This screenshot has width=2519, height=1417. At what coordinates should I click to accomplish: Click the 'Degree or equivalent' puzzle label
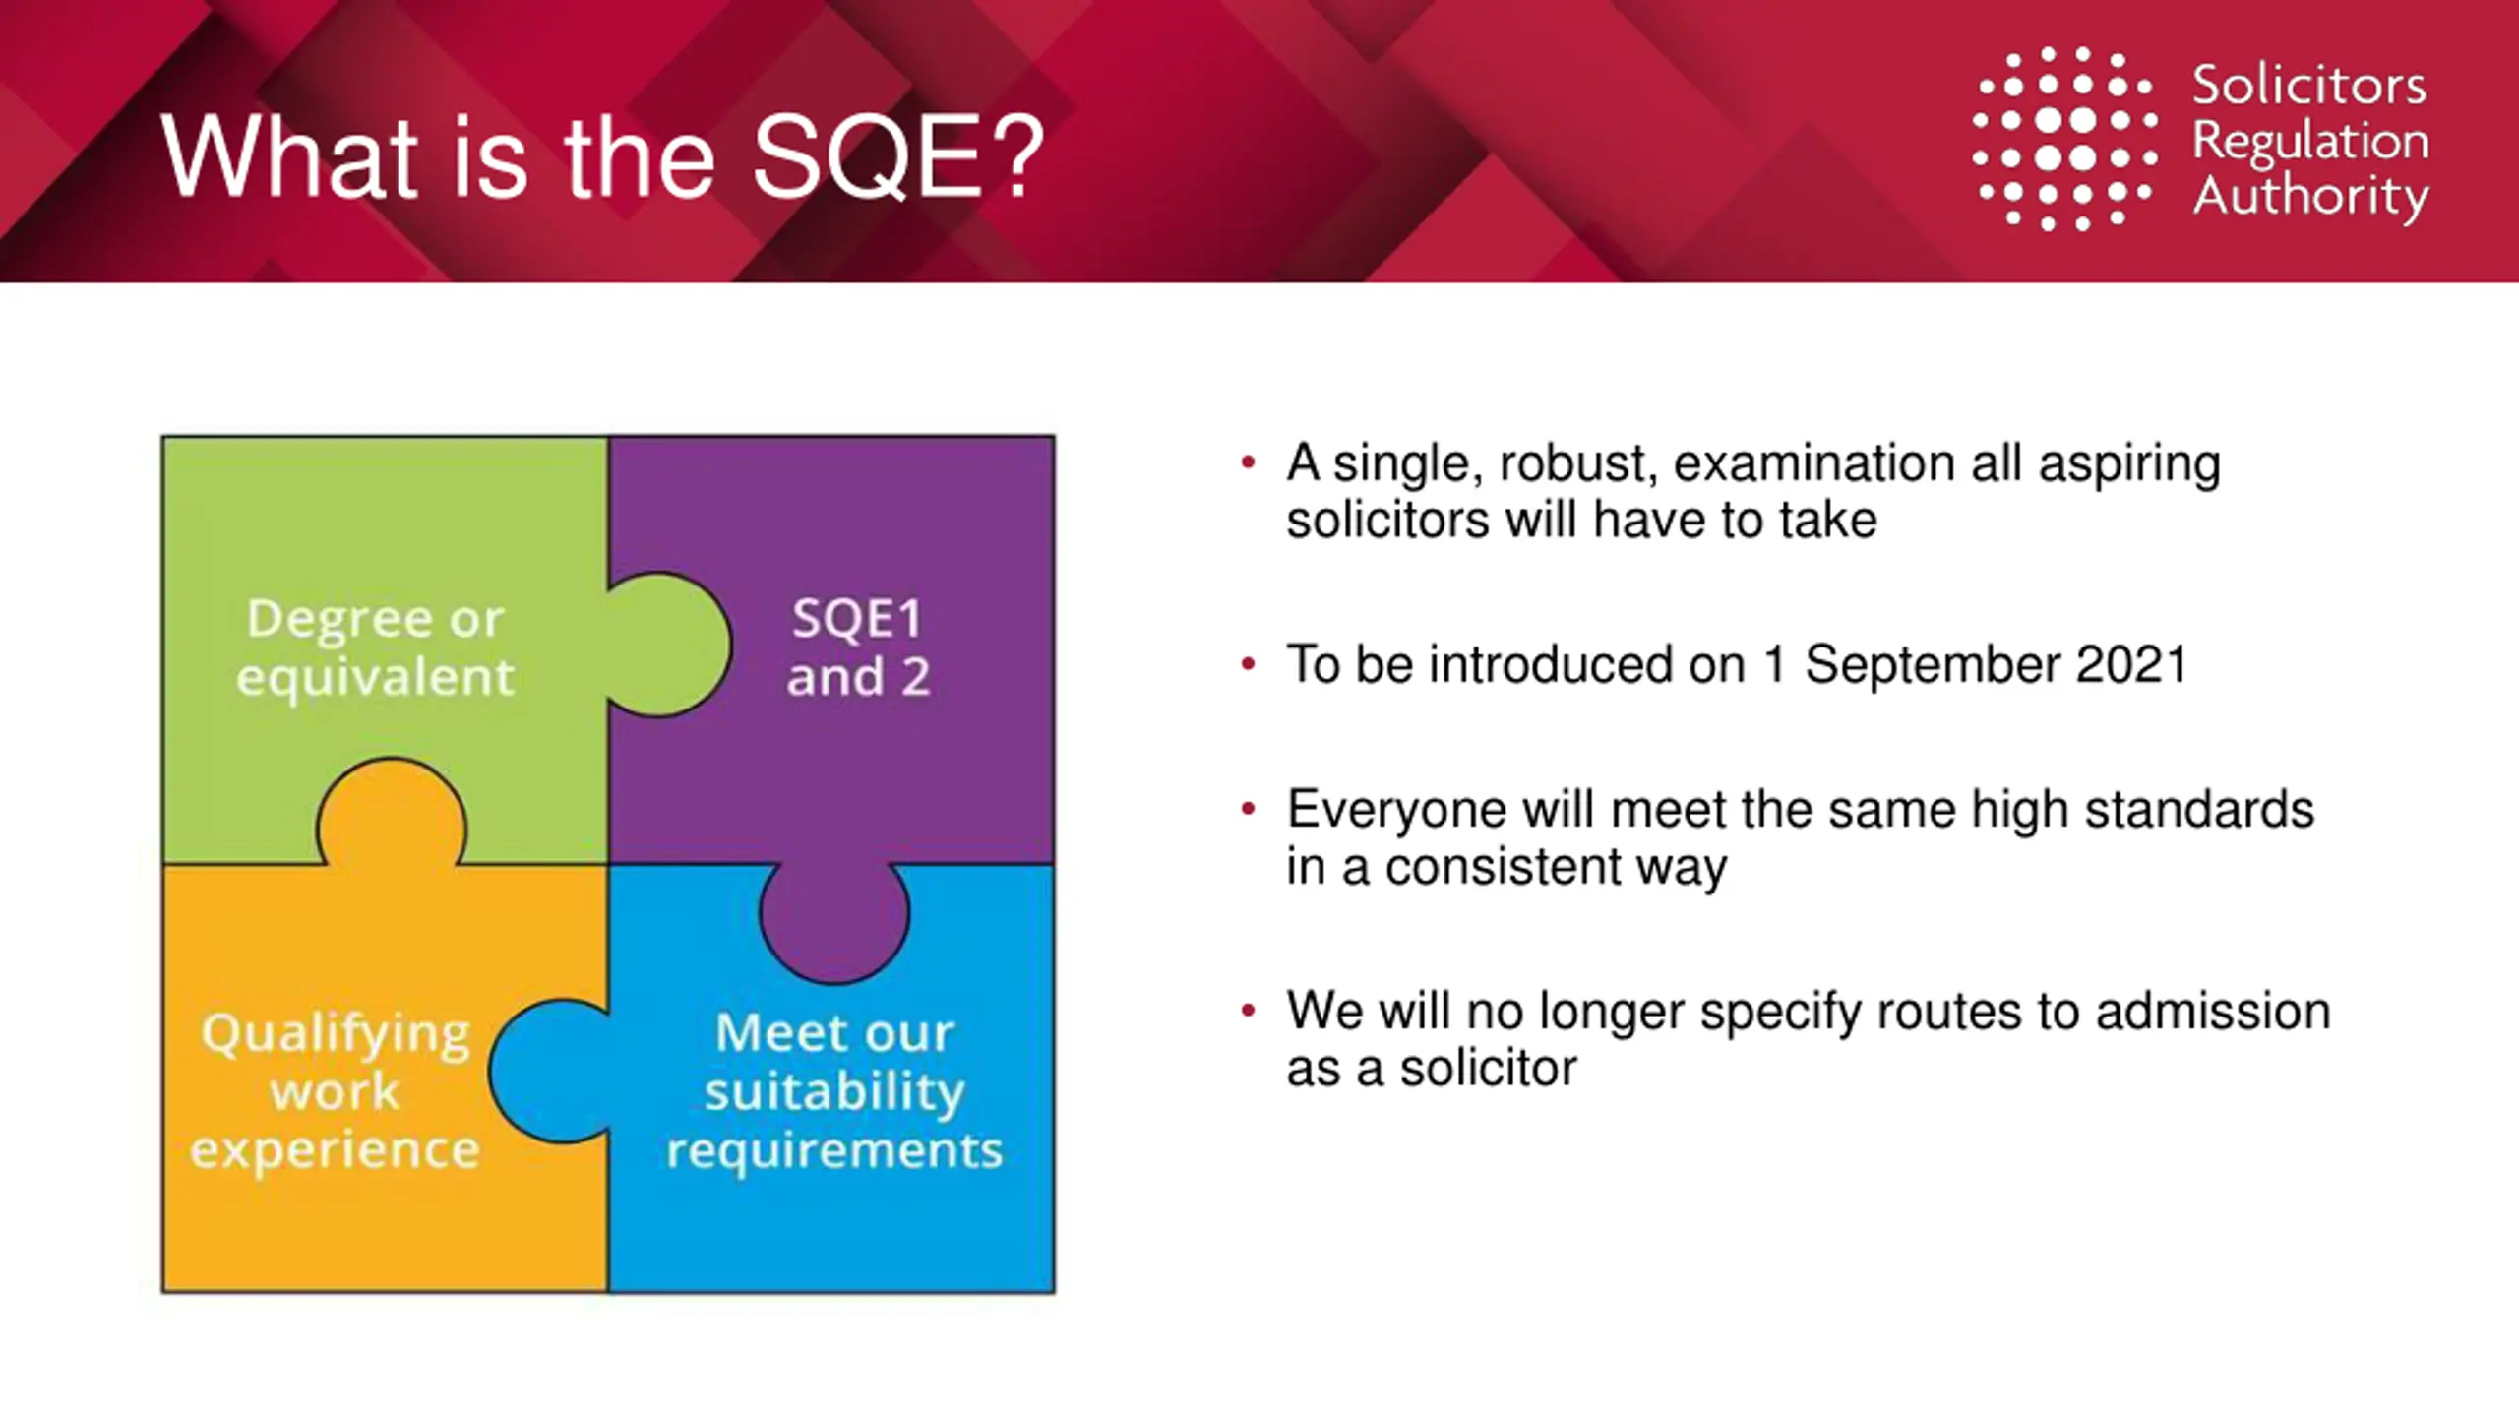point(375,647)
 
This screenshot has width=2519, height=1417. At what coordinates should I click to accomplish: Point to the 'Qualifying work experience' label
point(336,1091)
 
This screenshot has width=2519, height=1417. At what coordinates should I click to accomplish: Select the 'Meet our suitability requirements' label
point(834,1091)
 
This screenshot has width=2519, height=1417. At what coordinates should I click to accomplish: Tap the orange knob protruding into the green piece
point(392,813)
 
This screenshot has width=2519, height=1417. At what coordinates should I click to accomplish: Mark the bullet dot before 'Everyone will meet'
point(1249,810)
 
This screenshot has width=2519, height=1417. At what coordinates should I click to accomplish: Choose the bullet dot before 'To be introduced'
point(1249,664)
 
